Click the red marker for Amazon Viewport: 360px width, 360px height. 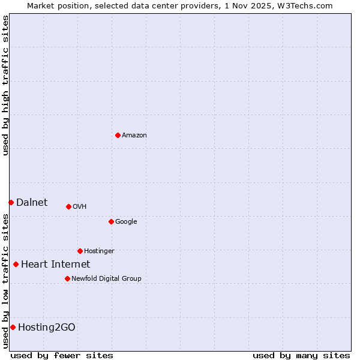coord(118,135)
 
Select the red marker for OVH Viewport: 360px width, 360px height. coord(68,206)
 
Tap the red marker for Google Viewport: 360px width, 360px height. coord(111,221)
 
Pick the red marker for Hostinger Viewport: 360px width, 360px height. coord(80,251)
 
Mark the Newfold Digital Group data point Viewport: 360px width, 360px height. coord(67,278)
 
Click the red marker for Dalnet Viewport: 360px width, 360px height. coord(11,202)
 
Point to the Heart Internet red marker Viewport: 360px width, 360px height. coord(16,264)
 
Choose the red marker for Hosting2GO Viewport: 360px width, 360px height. coord(13,327)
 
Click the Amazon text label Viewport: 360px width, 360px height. coord(134,136)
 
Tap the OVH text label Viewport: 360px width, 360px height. coord(80,207)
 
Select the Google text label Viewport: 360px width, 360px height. coord(126,222)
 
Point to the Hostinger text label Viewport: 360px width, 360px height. coord(99,251)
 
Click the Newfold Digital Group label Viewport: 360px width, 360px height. coord(106,279)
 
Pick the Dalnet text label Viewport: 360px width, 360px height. coord(32,203)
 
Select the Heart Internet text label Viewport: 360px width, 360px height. coord(55,265)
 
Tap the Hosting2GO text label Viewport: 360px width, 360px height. coord(47,328)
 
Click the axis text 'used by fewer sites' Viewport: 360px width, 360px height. coord(62,355)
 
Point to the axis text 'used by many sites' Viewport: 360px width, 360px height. coord(301,355)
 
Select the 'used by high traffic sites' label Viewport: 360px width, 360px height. coord(6,85)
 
